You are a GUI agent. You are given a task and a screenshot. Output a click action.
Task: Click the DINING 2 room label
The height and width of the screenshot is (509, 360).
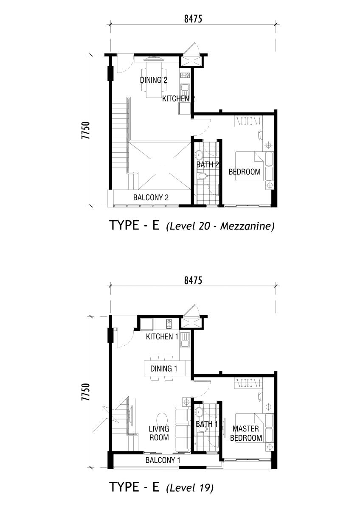click(x=154, y=80)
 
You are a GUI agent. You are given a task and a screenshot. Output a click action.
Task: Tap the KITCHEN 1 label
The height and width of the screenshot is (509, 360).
click(x=162, y=336)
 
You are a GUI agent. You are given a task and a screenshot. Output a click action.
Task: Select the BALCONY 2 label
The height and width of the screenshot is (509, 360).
click(x=151, y=197)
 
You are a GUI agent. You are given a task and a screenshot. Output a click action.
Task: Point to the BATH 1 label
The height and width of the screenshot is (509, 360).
click(x=207, y=424)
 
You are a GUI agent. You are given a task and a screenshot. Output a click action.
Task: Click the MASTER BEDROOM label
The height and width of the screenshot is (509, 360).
click(x=246, y=433)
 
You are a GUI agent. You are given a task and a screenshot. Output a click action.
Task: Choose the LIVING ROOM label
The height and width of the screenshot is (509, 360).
click(x=159, y=433)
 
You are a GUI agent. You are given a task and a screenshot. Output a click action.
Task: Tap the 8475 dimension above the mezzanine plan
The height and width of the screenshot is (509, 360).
click(x=193, y=19)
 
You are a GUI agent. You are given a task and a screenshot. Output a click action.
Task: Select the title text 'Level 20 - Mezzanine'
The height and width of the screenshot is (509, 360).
click(x=220, y=227)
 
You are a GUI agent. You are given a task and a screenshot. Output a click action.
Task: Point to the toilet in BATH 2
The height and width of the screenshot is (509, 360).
click(x=202, y=176)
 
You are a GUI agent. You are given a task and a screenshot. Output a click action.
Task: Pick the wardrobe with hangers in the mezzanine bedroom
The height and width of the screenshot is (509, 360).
click(x=248, y=121)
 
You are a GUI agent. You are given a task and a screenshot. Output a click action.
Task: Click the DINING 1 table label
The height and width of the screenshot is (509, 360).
click(x=164, y=369)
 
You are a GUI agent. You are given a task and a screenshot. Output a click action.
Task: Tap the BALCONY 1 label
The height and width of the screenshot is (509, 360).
click(x=163, y=460)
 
